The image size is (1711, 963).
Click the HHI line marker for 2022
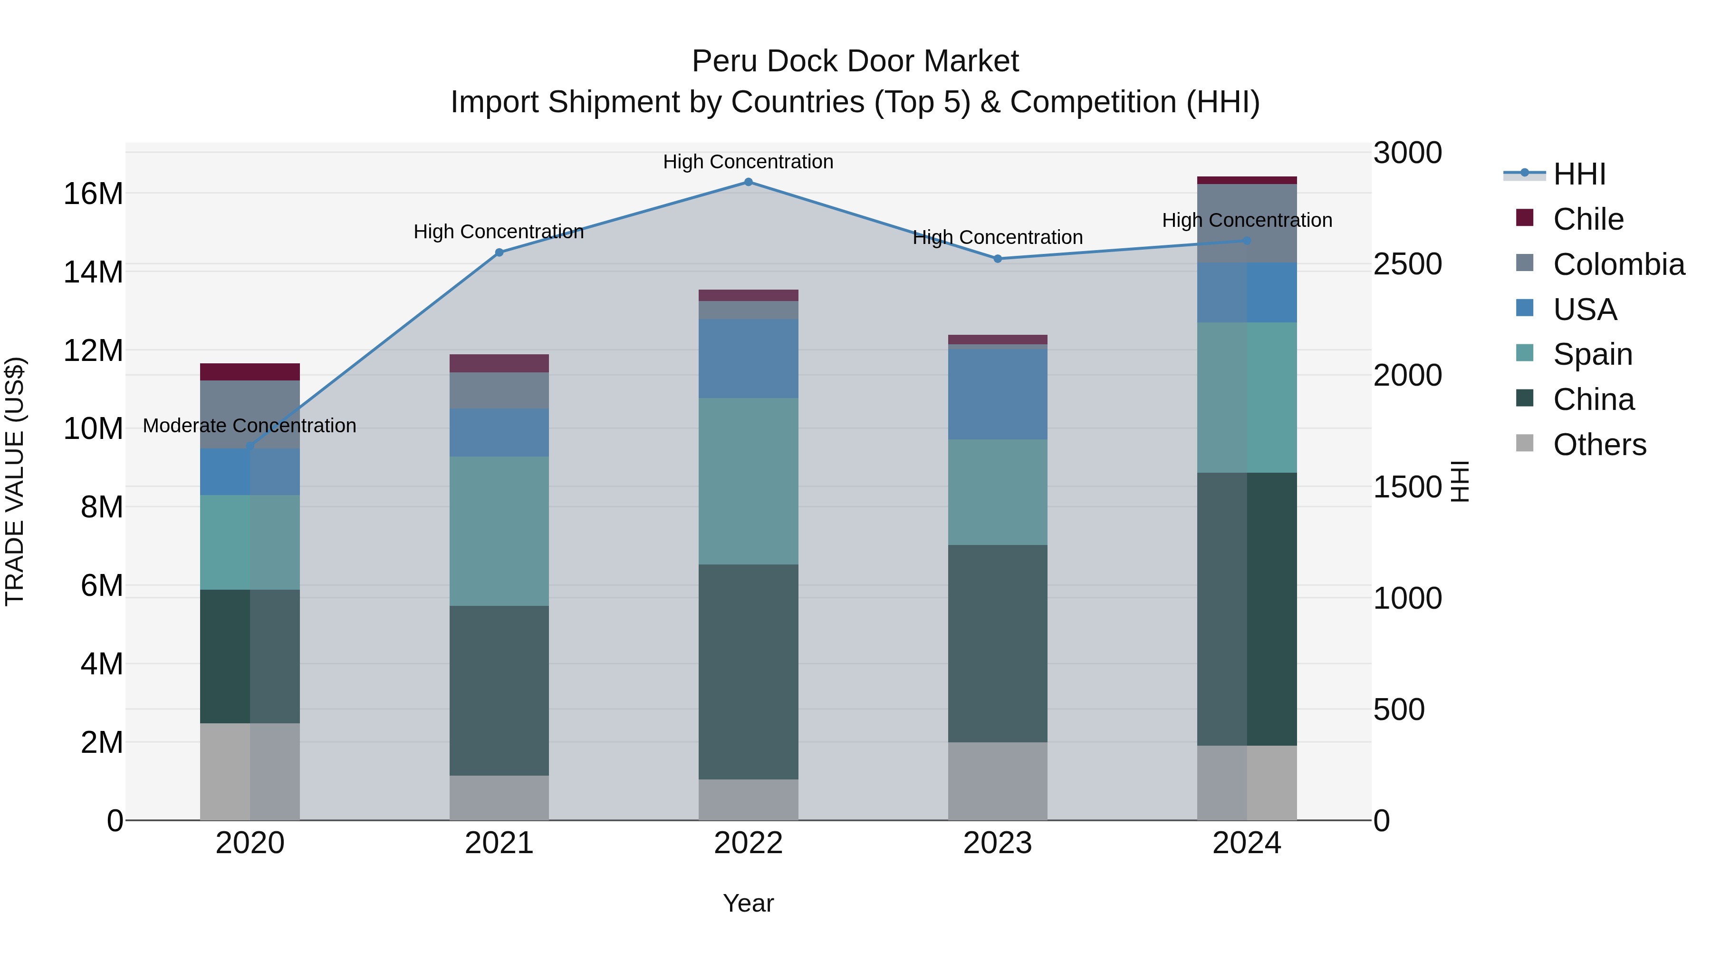(748, 182)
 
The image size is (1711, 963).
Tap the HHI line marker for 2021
(500, 253)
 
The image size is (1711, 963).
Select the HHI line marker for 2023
(998, 259)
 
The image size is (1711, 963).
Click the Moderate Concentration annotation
(249, 425)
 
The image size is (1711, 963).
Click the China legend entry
(1593, 399)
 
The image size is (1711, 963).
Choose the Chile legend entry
(1587, 219)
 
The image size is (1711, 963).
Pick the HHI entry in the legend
(1579, 174)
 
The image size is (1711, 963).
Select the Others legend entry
(1599, 445)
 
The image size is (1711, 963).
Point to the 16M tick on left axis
(93, 194)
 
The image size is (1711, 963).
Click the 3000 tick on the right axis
(1407, 153)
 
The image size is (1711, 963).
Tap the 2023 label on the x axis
(998, 843)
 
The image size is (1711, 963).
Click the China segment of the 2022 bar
(748, 671)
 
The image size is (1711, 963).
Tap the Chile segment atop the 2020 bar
(250, 371)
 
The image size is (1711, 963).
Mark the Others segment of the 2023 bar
(998, 781)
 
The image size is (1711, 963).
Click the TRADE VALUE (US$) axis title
(15, 481)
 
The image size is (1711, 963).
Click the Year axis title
(748, 903)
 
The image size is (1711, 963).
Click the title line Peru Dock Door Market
(855, 61)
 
